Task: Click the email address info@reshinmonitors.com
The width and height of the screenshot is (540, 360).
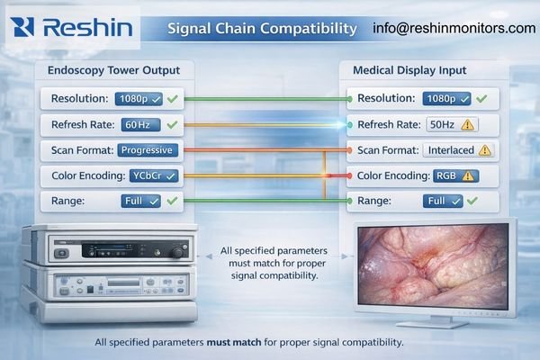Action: pos(454,28)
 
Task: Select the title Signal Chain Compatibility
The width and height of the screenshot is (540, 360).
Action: pos(262,28)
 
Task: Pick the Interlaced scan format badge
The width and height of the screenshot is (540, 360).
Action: pos(449,150)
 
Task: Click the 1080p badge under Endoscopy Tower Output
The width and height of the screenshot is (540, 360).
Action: pos(139,98)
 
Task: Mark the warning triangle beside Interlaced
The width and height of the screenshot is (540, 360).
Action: pos(486,150)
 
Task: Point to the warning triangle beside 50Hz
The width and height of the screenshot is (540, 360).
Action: pos(468,125)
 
